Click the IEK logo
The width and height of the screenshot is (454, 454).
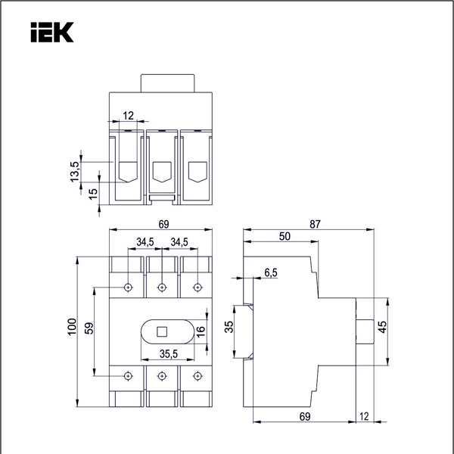[51, 32]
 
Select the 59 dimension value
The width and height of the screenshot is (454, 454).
[89, 328]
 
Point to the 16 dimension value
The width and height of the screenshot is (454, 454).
[201, 331]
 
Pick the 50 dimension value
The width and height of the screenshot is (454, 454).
[285, 236]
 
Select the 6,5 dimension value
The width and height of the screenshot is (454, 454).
[271, 272]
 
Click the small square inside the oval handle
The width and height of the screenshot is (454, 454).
[162, 331]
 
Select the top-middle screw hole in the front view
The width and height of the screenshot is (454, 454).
[162, 287]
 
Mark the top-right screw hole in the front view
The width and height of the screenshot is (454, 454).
[197, 287]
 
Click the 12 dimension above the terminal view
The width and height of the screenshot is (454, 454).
[128, 116]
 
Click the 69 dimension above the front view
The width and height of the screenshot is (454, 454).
[163, 224]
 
